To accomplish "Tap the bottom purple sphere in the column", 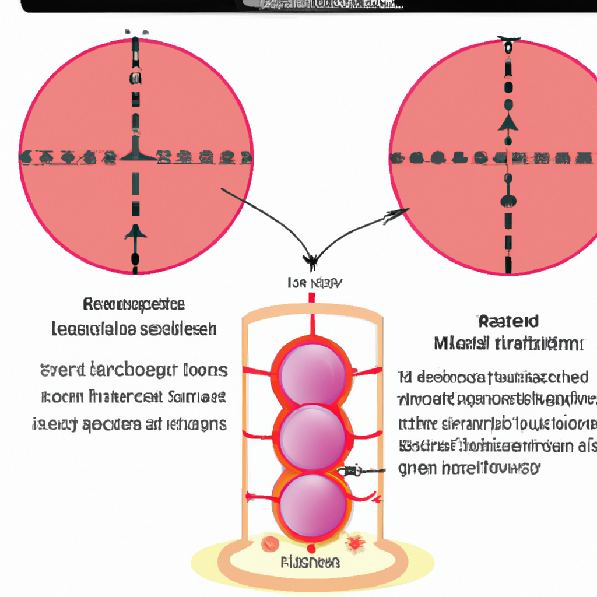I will click(312, 503).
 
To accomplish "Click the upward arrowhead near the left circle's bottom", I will click(135, 231).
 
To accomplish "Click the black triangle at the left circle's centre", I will click(135, 154).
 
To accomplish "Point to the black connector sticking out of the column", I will click(357, 470).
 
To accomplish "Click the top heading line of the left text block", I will click(134, 304).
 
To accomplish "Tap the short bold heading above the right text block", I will click(508, 321).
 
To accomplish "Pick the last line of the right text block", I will click(469, 468).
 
